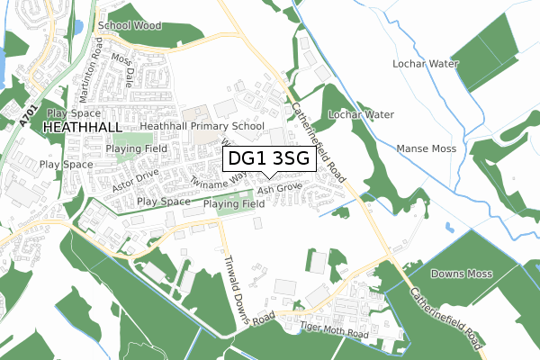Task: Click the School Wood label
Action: (x=130, y=26)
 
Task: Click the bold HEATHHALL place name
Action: (x=80, y=129)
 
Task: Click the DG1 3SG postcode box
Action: (x=268, y=159)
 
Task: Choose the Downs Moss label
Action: (x=459, y=273)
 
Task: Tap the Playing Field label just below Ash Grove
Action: (x=233, y=204)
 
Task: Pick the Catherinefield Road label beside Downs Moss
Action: (x=445, y=319)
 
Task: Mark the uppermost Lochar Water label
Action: (x=426, y=65)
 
